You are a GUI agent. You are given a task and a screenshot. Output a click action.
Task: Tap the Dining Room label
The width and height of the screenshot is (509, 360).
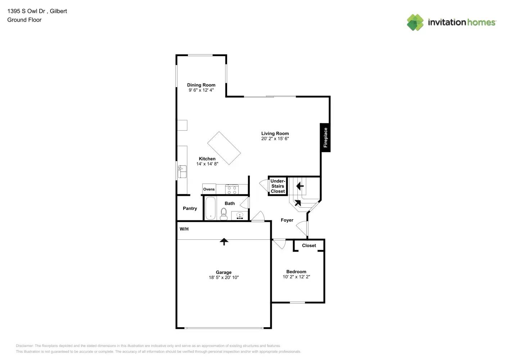click(x=201, y=85)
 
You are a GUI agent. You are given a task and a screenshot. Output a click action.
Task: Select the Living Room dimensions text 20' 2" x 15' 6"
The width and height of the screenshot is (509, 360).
click(x=275, y=138)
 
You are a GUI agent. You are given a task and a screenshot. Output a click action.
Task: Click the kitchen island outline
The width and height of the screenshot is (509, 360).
click(x=224, y=148)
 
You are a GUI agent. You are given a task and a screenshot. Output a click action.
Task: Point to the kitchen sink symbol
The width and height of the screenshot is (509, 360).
click(x=182, y=172)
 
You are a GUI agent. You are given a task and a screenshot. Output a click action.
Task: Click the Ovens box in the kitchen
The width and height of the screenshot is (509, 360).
click(x=209, y=189)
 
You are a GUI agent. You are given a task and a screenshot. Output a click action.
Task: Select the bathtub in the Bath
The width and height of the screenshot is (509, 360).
click(x=211, y=208)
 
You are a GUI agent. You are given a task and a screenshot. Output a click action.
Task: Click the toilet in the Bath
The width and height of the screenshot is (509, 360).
click(x=224, y=214)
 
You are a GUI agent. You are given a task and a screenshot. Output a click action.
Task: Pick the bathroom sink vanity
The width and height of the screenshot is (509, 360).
click(x=240, y=215)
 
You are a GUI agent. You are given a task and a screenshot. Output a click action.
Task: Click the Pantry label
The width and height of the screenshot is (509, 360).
click(x=190, y=208)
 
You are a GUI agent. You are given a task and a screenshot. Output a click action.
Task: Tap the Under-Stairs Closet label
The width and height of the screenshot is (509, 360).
click(x=278, y=186)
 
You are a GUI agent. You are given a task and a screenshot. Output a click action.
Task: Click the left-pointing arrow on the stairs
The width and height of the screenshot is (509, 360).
click(x=300, y=186)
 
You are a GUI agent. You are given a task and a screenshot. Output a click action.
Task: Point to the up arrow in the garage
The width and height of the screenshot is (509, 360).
click(x=224, y=242)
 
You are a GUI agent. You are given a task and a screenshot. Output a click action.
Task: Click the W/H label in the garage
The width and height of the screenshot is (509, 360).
click(x=184, y=229)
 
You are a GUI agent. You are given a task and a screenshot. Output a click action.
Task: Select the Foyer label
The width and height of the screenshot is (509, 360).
click(x=287, y=220)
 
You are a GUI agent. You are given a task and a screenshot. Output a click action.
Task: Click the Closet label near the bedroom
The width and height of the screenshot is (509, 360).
click(x=309, y=246)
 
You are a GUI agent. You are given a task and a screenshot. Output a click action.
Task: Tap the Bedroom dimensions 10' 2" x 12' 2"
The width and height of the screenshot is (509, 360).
click(x=296, y=276)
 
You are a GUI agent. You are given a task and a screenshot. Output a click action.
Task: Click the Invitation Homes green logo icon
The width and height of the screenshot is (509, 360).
click(x=415, y=22)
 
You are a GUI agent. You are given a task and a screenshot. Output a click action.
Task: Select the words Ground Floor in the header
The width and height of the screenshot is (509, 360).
click(x=24, y=20)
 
